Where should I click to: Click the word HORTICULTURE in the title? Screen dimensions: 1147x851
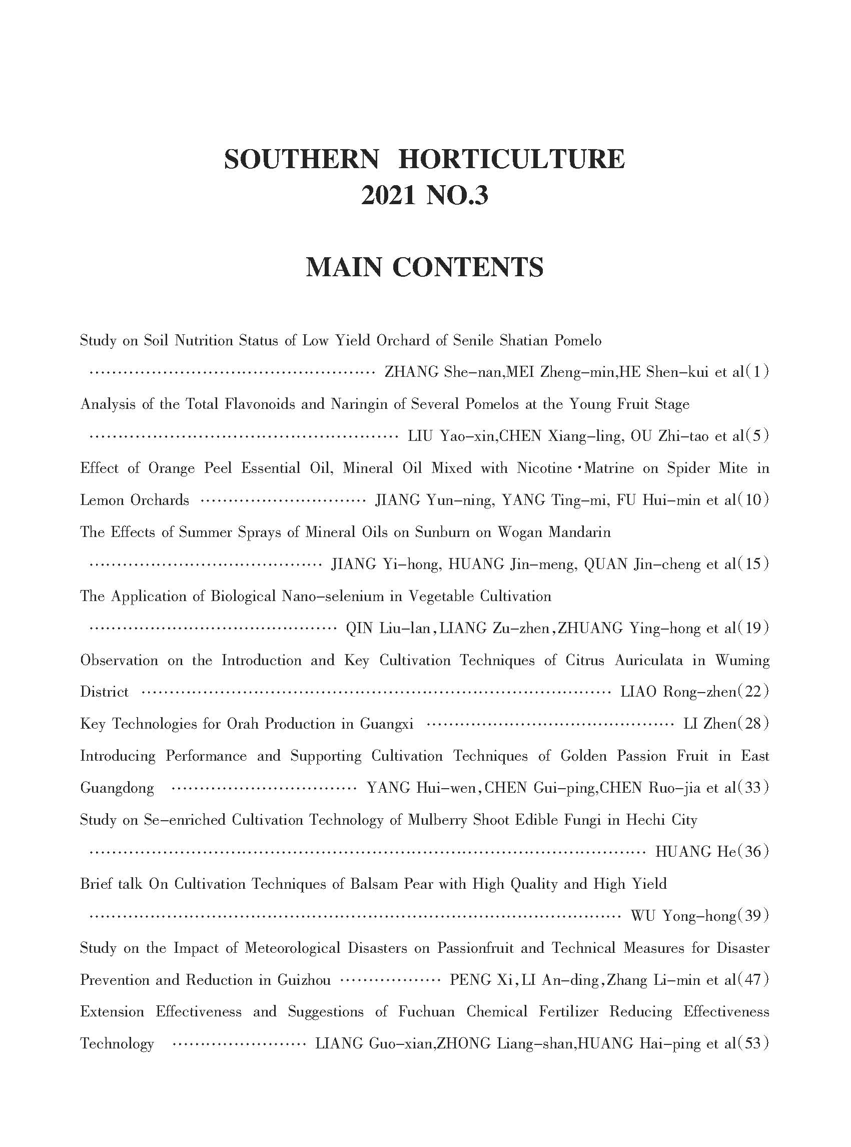511,159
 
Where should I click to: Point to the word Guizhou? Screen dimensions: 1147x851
304,979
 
